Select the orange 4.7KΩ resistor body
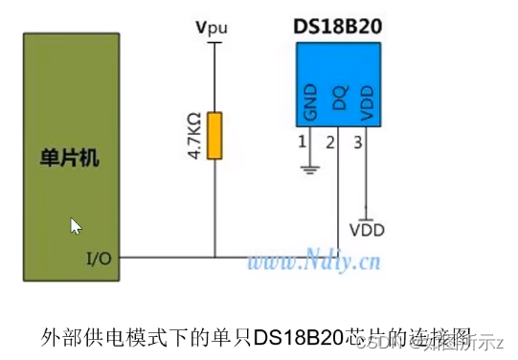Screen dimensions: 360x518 tap(214, 136)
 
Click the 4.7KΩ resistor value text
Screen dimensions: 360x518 tap(194, 136)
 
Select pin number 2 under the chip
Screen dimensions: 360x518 tap(329, 144)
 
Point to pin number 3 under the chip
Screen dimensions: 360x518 tap(358, 144)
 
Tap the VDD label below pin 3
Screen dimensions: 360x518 tap(367, 230)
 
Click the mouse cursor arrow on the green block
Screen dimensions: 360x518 tap(76, 226)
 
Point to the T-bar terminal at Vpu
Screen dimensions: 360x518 tap(214, 42)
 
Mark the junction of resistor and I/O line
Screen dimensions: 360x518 tap(214, 257)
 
